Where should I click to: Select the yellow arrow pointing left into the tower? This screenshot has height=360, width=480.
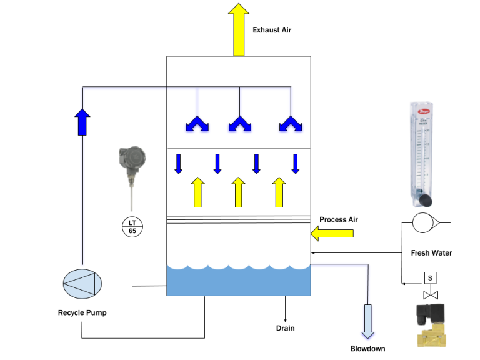coord(332,234)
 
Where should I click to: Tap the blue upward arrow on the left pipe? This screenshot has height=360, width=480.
coord(82,122)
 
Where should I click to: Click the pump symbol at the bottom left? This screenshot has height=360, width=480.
coord(82,284)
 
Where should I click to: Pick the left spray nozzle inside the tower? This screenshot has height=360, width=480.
coord(197,124)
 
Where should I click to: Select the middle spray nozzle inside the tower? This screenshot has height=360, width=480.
coord(239,124)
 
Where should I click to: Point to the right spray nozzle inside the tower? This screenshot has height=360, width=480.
coord(291,124)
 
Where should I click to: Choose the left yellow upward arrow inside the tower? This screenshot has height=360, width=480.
coord(197,192)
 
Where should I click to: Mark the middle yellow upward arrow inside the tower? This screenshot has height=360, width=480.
coord(238,192)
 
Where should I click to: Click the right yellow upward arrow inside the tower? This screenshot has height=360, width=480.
coord(279,192)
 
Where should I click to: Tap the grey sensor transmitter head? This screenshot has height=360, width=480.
coord(132,157)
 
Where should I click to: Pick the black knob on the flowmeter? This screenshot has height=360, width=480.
coord(425,201)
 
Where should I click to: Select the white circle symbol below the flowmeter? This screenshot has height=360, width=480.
coord(424,222)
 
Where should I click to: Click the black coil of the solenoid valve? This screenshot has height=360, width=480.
coord(432,312)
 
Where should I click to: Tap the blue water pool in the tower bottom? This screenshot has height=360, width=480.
coord(238,282)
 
